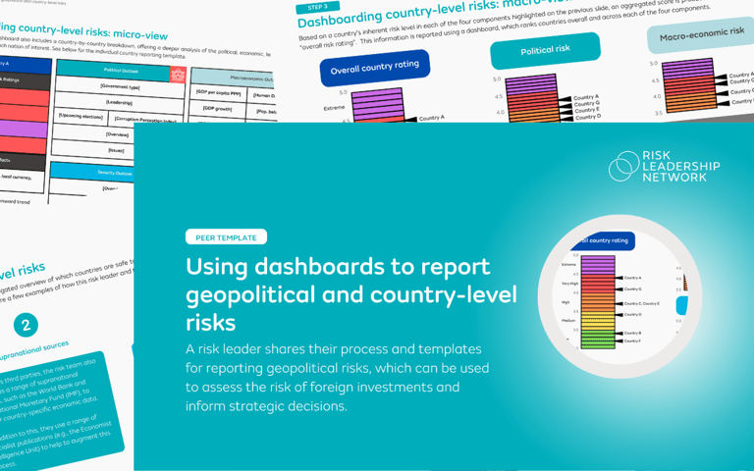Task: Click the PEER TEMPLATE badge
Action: (226, 236)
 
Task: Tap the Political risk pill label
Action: (544, 49)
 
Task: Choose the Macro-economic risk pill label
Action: (700, 35)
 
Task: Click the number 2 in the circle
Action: (26, 325)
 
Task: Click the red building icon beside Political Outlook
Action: (178, 74)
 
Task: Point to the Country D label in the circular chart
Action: (633, 315)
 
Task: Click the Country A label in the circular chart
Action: (633, 278)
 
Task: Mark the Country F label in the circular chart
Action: (633, 340)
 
